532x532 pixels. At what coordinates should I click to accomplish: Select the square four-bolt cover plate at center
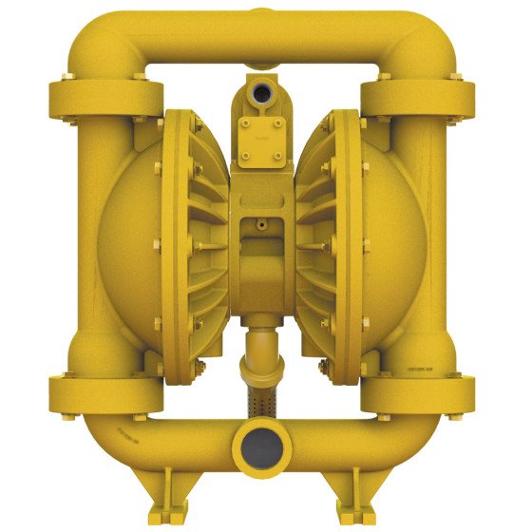262,132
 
